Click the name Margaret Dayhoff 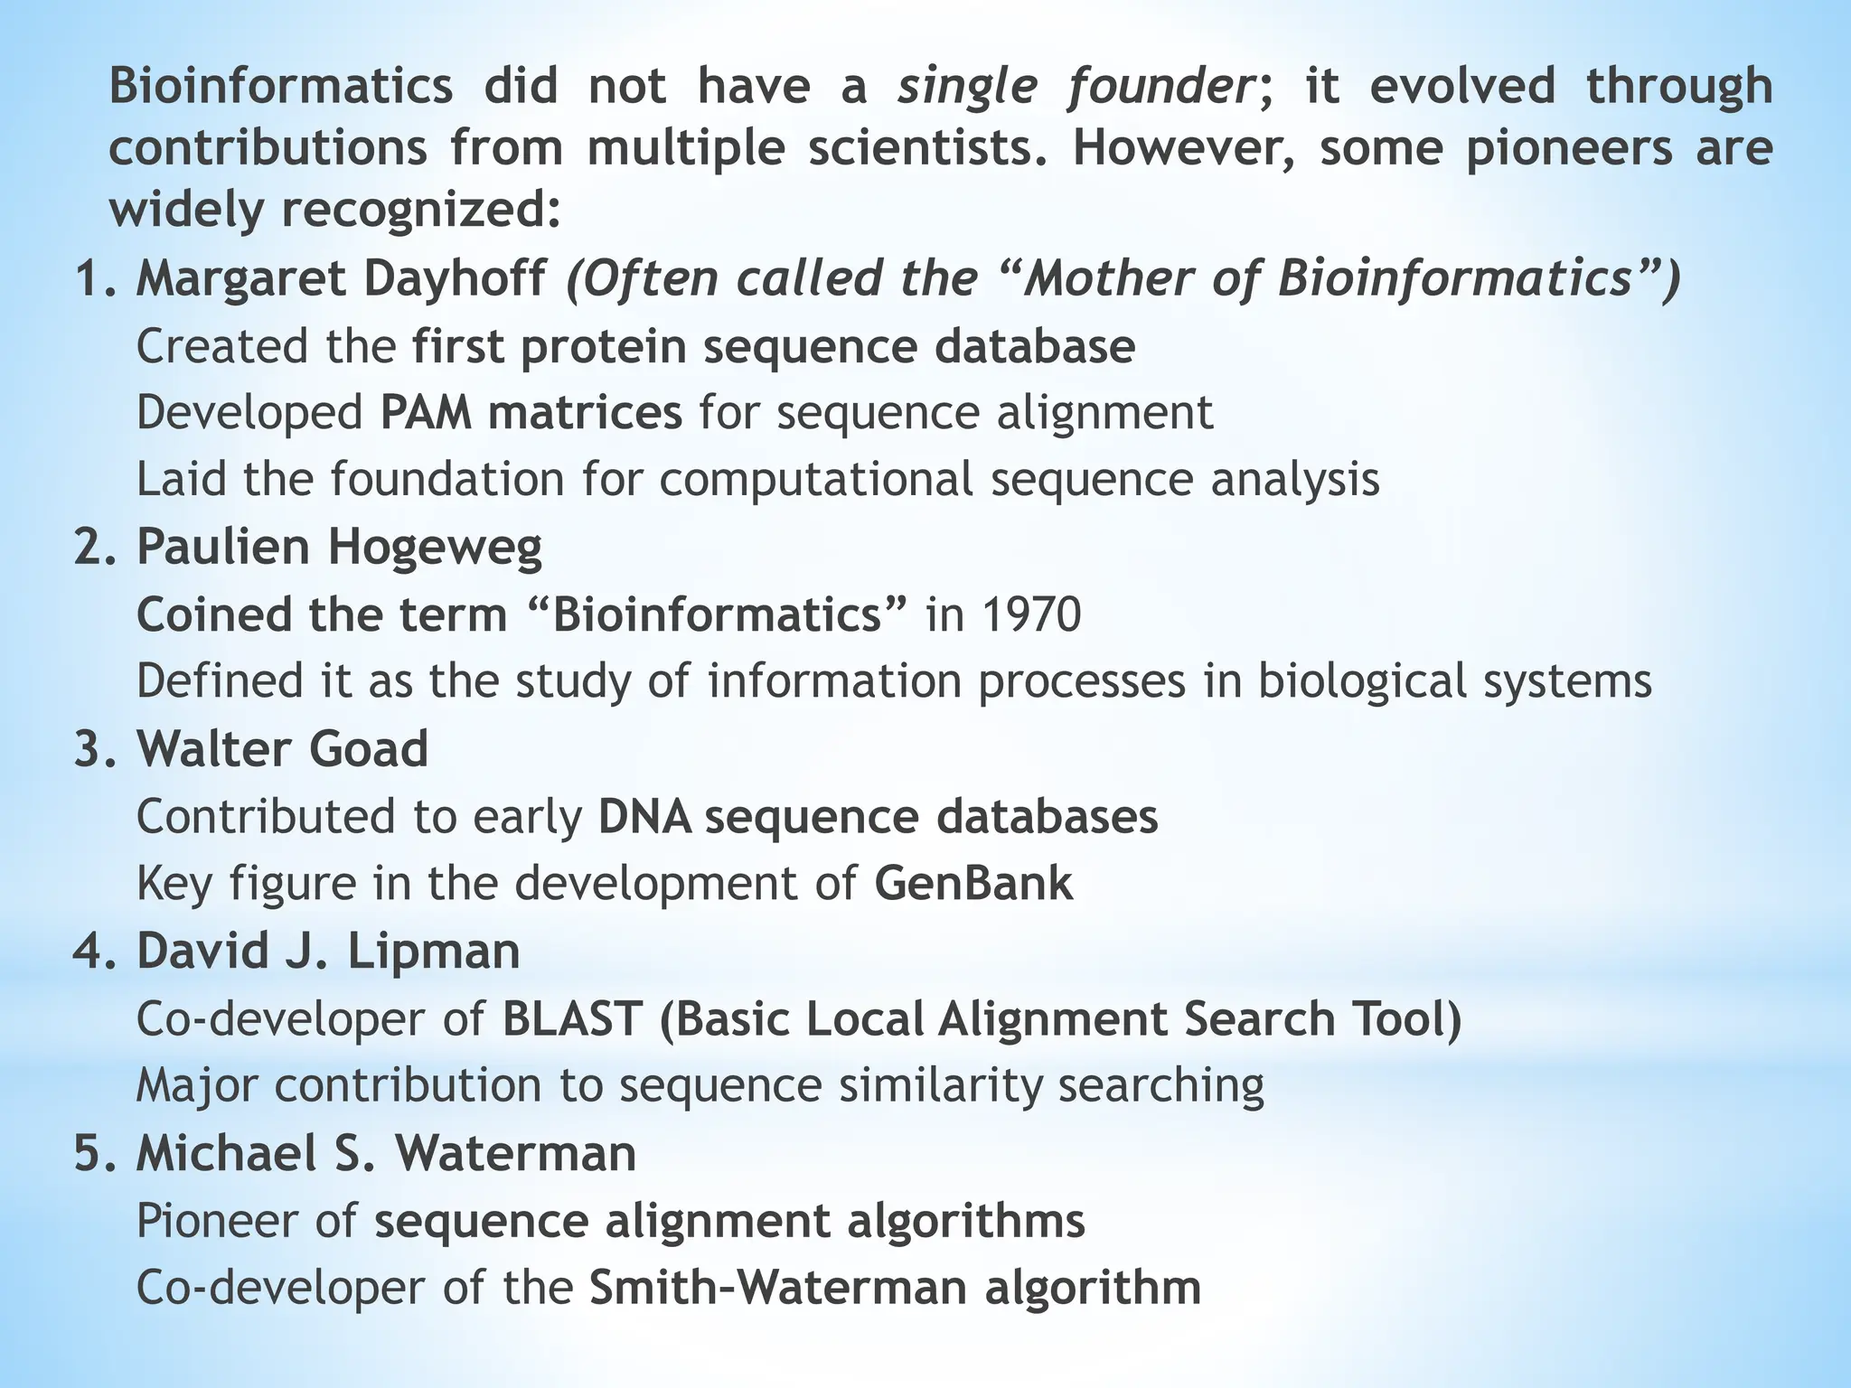[x=341, y=278]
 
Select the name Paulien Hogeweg [x=339, y=547]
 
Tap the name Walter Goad [x=282, y=749]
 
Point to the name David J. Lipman [x=328, y=952]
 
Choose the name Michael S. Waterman [x=386, y=1154]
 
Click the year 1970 [x=1030, y=614]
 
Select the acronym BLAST [x=571, y=1018]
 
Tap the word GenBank [x=973, y=883]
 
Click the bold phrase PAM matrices [x=531, y=413]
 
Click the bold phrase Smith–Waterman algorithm [x=895, y=1288]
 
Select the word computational [x=816, y=479]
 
